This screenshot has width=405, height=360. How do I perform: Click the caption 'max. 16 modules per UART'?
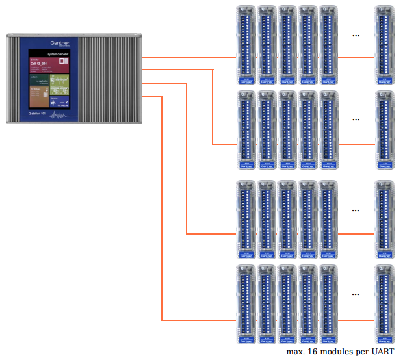(339, 352)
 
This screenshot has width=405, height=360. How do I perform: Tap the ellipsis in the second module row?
(356, 120)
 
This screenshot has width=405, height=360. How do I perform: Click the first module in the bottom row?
(246, 304)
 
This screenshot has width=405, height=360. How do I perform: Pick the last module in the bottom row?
(385, 304)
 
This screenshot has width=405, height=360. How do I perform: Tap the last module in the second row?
(385, 130)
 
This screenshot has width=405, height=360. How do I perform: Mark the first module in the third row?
(246, 220)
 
